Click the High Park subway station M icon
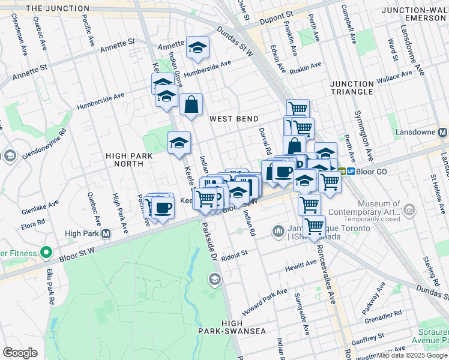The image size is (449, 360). pyautogui.click(x=106, y=233)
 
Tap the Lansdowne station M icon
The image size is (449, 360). pyautogui.click(x=443, y=132)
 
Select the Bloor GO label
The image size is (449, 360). pyautogui.click(x=373, y=171)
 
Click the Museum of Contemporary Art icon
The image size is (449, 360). pyautogui.click(x=409, y=209)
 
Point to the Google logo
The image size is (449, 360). pyautogui.click(x=20, y=352)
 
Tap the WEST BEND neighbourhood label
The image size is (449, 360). pyautogui.click(x=234, y=119)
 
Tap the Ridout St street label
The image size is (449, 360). pyautogui.click(x=235, y=254)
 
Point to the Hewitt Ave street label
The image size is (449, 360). pyautogui.click(x=301, y=265)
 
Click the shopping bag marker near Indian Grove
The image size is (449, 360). pyautogui.click(x=191, y=105)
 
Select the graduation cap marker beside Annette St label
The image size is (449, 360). pyautogui.click(x=197, y=48)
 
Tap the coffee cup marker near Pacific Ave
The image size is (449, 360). pyautogui.click(x=162, y=208)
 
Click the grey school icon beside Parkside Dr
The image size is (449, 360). pyautogui.click(x=214, y=279)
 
